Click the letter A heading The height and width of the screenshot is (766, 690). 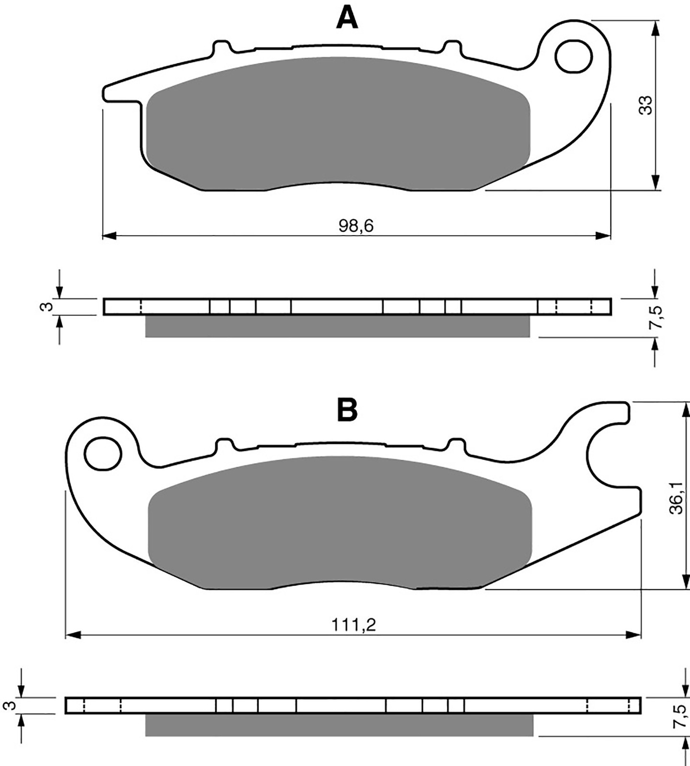(347, 18)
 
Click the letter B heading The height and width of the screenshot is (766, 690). (347, 410)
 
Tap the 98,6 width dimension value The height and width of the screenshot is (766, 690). (356, 226)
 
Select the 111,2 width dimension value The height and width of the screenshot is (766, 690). (354, 625)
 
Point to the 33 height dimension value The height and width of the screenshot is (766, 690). (646, 105)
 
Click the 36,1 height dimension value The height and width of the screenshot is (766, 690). (676, 498)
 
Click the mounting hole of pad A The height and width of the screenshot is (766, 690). (572, 57)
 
